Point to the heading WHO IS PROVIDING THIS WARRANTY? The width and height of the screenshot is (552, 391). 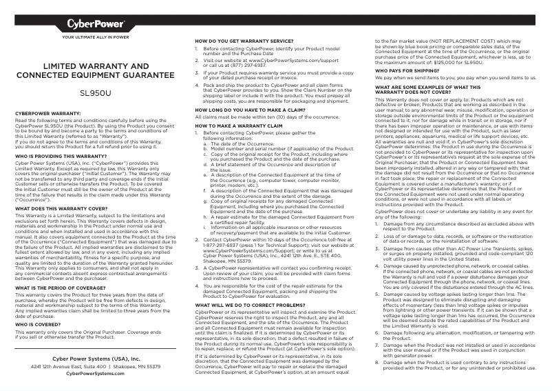[x=61, y=157]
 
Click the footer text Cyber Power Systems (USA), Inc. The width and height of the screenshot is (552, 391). [x=96, y=359]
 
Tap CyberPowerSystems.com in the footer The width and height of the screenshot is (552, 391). [x=96, y=373]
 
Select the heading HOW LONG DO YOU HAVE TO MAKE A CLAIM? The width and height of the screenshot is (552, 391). [x=250, y=110]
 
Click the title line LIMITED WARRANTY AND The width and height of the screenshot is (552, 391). [x=96, y=66]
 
